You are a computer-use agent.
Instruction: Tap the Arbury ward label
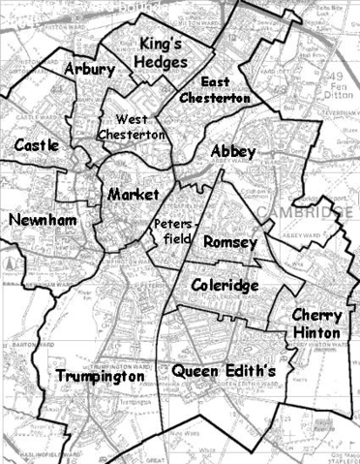(89, 70)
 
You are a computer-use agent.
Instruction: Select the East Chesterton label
(221, 88)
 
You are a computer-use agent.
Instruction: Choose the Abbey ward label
(232, 152)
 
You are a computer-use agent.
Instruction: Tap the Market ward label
(133, 195)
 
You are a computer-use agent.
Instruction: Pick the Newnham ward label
(42, 221)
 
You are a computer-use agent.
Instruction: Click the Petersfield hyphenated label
(174, 231)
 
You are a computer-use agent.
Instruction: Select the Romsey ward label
(230, 242)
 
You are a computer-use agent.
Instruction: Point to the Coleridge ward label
(224, 286)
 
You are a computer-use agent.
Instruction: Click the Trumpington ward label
(100, 376)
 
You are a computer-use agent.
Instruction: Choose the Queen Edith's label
(224, 370)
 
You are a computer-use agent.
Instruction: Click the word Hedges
(164, 61)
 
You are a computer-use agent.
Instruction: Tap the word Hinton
(315, 332)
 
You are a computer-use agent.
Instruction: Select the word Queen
(195, 370)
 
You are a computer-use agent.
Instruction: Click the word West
(118, 118)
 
